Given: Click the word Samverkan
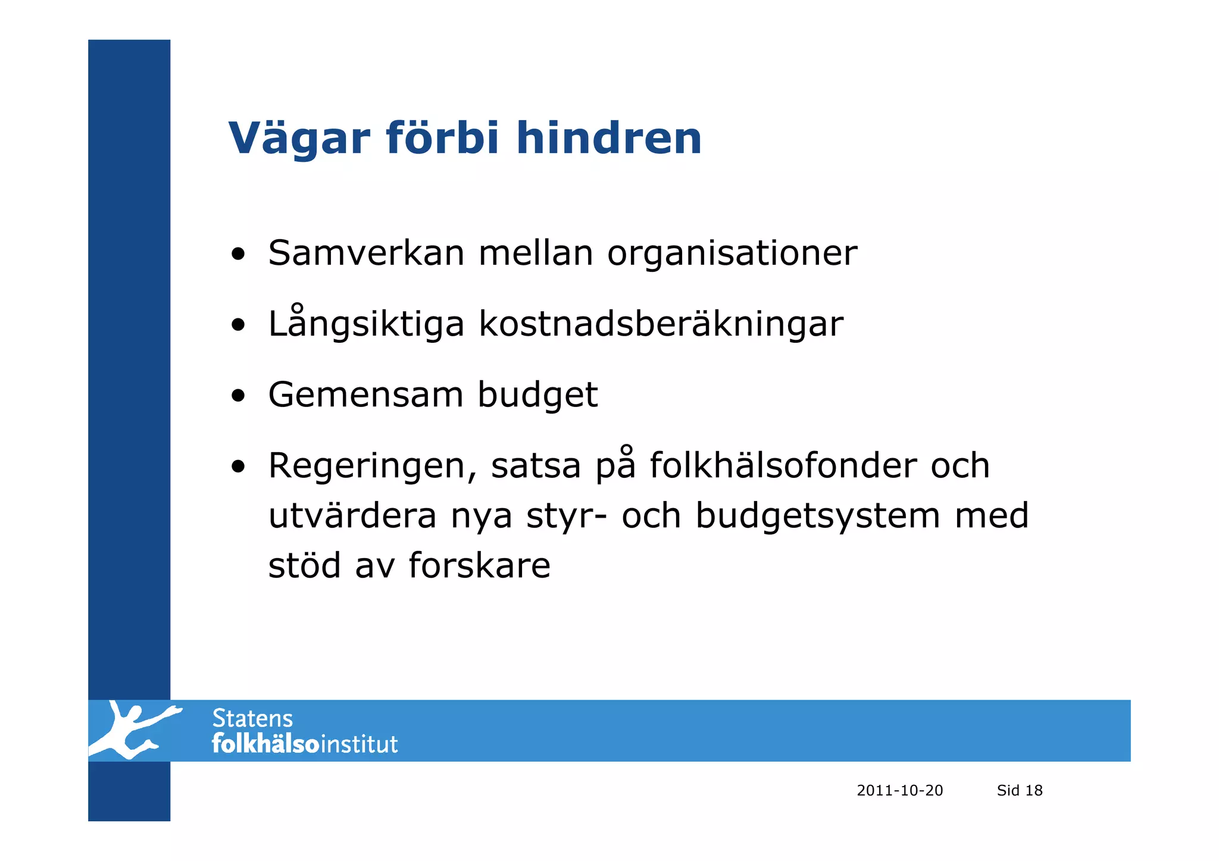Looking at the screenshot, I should (x=365, y=253).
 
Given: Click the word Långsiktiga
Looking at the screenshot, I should (x=365, y=324).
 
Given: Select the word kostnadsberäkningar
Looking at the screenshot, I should (x=661, y=324).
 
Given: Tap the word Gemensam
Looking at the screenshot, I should (x=365, y=395).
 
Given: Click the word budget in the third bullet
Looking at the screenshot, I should (x=537, y=396).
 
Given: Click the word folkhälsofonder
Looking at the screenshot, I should (x=783, y=465).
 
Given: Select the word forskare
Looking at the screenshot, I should (x=479, y=565).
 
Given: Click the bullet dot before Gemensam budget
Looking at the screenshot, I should (x=238, y=396).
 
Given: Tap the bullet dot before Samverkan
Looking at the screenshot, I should (x=238, y=255).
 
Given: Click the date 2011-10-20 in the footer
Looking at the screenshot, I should (x=899, y=790).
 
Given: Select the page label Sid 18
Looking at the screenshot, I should (x=1019, y=790).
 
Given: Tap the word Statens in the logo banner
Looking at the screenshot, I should (x=252, y=719).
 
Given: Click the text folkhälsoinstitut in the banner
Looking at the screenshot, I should (x=304, y=744).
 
